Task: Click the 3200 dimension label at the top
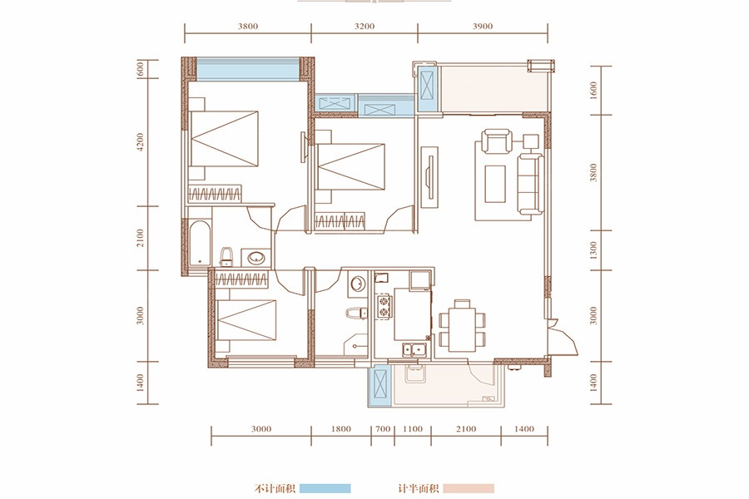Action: [x=364, y=27]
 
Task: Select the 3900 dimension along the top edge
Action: [x=483, y=27]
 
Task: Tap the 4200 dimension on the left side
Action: [x=140, y=143]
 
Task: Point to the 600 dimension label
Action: [x=140, y=68]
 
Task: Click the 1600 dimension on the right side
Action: [x=593, y=91]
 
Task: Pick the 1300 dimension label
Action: [x=593, y=250]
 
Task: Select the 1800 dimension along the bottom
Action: [x=340, y=429]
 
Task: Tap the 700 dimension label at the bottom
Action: [x=383, y=429]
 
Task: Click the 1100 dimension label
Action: [x=412, y=429]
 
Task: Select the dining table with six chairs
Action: [x=463, y=324]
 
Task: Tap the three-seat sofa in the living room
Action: [x=531, y=185]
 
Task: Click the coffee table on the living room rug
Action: [x=495, y=184]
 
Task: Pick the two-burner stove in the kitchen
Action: [x=383, y=307]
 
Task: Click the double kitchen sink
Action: [x=414, y=350]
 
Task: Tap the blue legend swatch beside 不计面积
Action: [x=325, y=488]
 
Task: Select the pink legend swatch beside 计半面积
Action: [x=468, y=488]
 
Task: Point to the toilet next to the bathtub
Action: [x=226, y=257]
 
